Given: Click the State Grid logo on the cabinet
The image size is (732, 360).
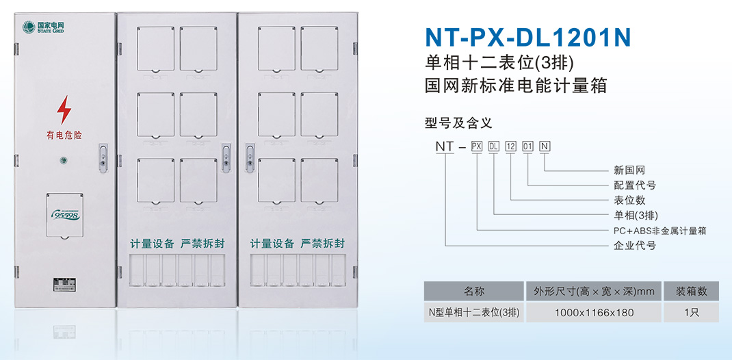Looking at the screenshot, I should tap(42, 28).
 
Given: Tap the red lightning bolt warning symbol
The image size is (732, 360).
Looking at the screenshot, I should tap(64, 110).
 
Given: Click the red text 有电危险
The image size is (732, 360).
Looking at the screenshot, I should tap(64, 135).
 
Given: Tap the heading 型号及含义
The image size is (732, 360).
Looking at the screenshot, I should tap(458, 123).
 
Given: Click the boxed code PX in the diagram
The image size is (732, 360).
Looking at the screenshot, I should tap(478, 146).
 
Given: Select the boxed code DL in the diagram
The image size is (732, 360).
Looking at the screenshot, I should tap(494, 146).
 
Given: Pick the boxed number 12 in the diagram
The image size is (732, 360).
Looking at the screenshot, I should tap(511, 146).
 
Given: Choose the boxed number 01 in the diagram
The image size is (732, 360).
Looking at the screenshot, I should tap(527, 146).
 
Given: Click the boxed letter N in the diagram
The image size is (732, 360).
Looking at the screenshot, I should tap(545, 146).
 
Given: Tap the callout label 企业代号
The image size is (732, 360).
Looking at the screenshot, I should tap(635, 245).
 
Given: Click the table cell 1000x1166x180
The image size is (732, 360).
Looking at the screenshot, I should tap(593, 313).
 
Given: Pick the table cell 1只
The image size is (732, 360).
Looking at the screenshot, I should tap(691, 313).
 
